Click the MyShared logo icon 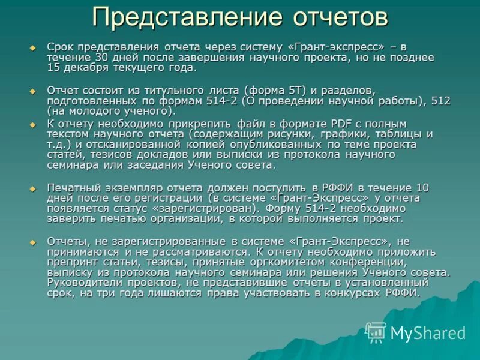[x=376, y=332]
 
